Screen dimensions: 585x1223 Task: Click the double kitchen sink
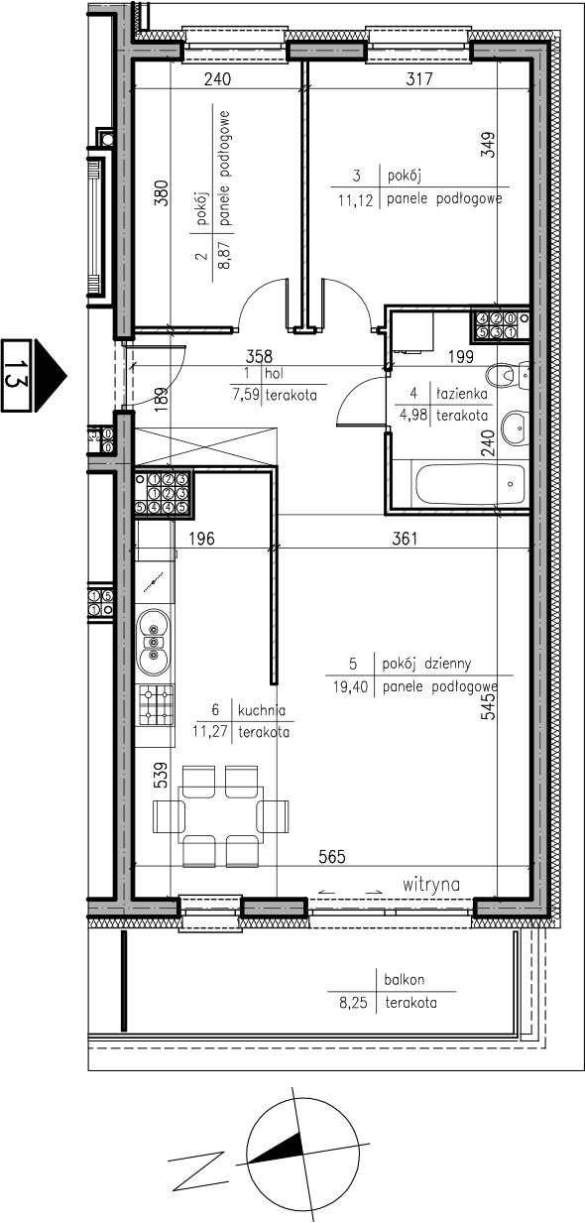pyautogui.click(x=154, y=642)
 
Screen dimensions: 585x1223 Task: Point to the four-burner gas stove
pyautogui.click(x=157, y=705)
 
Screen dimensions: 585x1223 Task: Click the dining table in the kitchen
pyautogui.click(x=221, y=816)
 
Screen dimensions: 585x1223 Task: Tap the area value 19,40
pyautogui.click(x=350, y=686)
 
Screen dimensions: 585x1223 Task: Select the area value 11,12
pyautogui.click(x=355, y=200)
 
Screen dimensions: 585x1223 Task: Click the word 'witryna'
pyautogui.click(x=431, y=884)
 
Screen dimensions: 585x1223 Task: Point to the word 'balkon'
pyautogui.click(x=404, y=980)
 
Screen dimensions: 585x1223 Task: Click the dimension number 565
pyautogui.click(x=332, y=857)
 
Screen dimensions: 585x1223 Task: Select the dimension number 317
pyautogui.click(x=419, y=79)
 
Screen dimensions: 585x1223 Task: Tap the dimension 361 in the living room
pyautogui.click(x=405, y=539)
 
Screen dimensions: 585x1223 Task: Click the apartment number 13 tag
pyautogui.click(x=16, y=375)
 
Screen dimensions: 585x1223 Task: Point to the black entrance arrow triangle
pyautogui.click(x=51, y=375)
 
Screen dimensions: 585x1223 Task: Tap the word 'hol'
pyautogui.click(x=274, y=374)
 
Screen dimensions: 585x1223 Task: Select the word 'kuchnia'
pyautogui.click(x=262, y=710)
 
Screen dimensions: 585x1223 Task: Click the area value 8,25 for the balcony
pyautogui.click(x=353, y=1003)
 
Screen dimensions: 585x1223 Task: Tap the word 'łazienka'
pyautogui.click(x=462, y=393)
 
